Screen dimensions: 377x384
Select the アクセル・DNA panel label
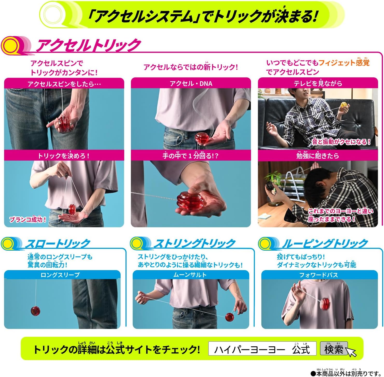click(191, 84)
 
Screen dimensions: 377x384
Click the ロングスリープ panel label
click(60, 275)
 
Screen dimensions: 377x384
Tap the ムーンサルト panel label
click(190, 275)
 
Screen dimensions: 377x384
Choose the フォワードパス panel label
click(318, 275)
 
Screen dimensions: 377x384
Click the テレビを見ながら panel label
click(318, 83)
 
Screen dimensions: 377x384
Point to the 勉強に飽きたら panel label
click(318, 156)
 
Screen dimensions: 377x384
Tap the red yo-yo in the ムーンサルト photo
click(229, 317)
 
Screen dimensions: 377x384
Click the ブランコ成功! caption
click(28, 220)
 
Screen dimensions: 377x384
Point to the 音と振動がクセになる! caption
click(341, 142)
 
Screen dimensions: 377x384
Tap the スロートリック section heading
click(58, 244)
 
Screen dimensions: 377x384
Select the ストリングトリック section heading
click(194, 244)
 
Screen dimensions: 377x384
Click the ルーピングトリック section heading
click(325, 244)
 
